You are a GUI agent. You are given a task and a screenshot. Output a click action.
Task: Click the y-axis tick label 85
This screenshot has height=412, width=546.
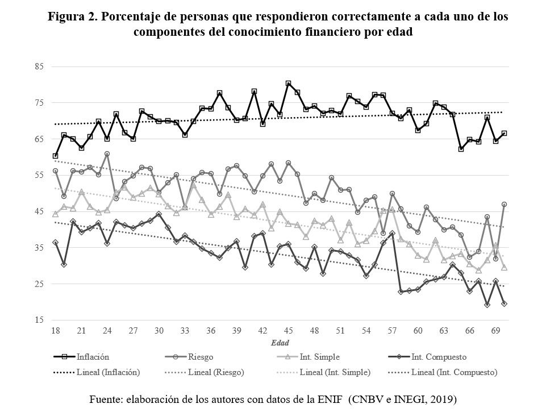39,66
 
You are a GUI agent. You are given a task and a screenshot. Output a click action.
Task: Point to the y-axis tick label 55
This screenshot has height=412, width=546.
39,175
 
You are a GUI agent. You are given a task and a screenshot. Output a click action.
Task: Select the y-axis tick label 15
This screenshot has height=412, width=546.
39,320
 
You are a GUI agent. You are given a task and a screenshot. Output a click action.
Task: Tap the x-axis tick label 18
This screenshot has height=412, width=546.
55,331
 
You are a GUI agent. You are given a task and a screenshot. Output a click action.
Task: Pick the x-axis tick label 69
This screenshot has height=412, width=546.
495,331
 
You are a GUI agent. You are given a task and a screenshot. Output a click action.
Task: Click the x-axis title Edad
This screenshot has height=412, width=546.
280,343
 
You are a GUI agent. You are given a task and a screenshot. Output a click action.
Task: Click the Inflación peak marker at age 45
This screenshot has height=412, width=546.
288,84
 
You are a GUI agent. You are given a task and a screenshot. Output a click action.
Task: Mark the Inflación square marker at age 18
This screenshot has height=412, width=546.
55,156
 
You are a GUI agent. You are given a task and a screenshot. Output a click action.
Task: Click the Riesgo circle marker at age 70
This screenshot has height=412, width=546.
504,205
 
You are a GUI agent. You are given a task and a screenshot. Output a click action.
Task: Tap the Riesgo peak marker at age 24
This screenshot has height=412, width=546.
107,154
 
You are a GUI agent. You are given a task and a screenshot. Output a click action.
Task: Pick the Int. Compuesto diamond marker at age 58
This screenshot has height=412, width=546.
401,292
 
